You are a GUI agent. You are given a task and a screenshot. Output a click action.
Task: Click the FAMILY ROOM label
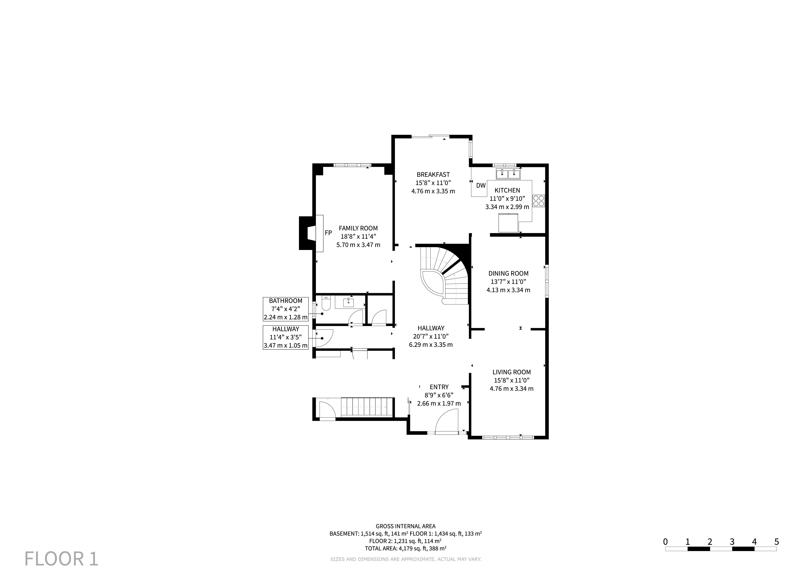[x=358, y=228]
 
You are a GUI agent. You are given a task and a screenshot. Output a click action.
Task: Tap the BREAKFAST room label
[x=433, y=175]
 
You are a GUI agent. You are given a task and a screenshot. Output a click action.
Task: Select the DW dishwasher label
[x=481, y=186]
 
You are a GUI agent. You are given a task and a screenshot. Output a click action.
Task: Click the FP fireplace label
[x=328, y=233]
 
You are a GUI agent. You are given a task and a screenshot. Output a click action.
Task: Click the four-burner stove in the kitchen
[x=539, y=201]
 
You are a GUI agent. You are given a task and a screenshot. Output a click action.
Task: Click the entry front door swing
[x=447, y=421]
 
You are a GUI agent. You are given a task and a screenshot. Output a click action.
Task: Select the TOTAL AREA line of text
[x=406, y=549]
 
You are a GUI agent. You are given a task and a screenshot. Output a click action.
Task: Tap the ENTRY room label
[x=439, y=387]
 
